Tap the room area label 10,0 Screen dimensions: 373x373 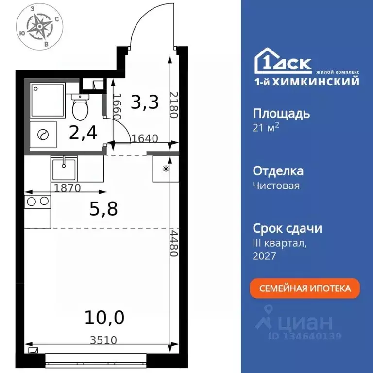click(104, 318)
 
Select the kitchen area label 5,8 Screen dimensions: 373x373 click(104, 209)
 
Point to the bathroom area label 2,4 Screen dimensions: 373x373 click(83, 132)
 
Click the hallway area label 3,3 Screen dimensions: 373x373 click(145, 102)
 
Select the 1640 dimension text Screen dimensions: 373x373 click(145, 138)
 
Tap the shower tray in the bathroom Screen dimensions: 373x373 click(48, 101)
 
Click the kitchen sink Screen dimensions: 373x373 click(64, 168)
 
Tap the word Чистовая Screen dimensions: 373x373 click(276, 186)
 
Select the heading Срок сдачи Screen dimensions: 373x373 click(288, 228)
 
